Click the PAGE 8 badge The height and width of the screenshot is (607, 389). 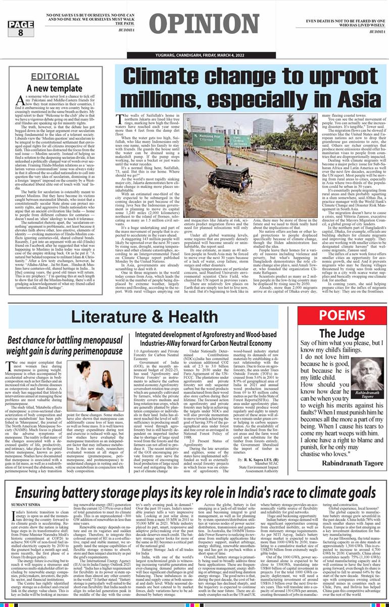[14, 28]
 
